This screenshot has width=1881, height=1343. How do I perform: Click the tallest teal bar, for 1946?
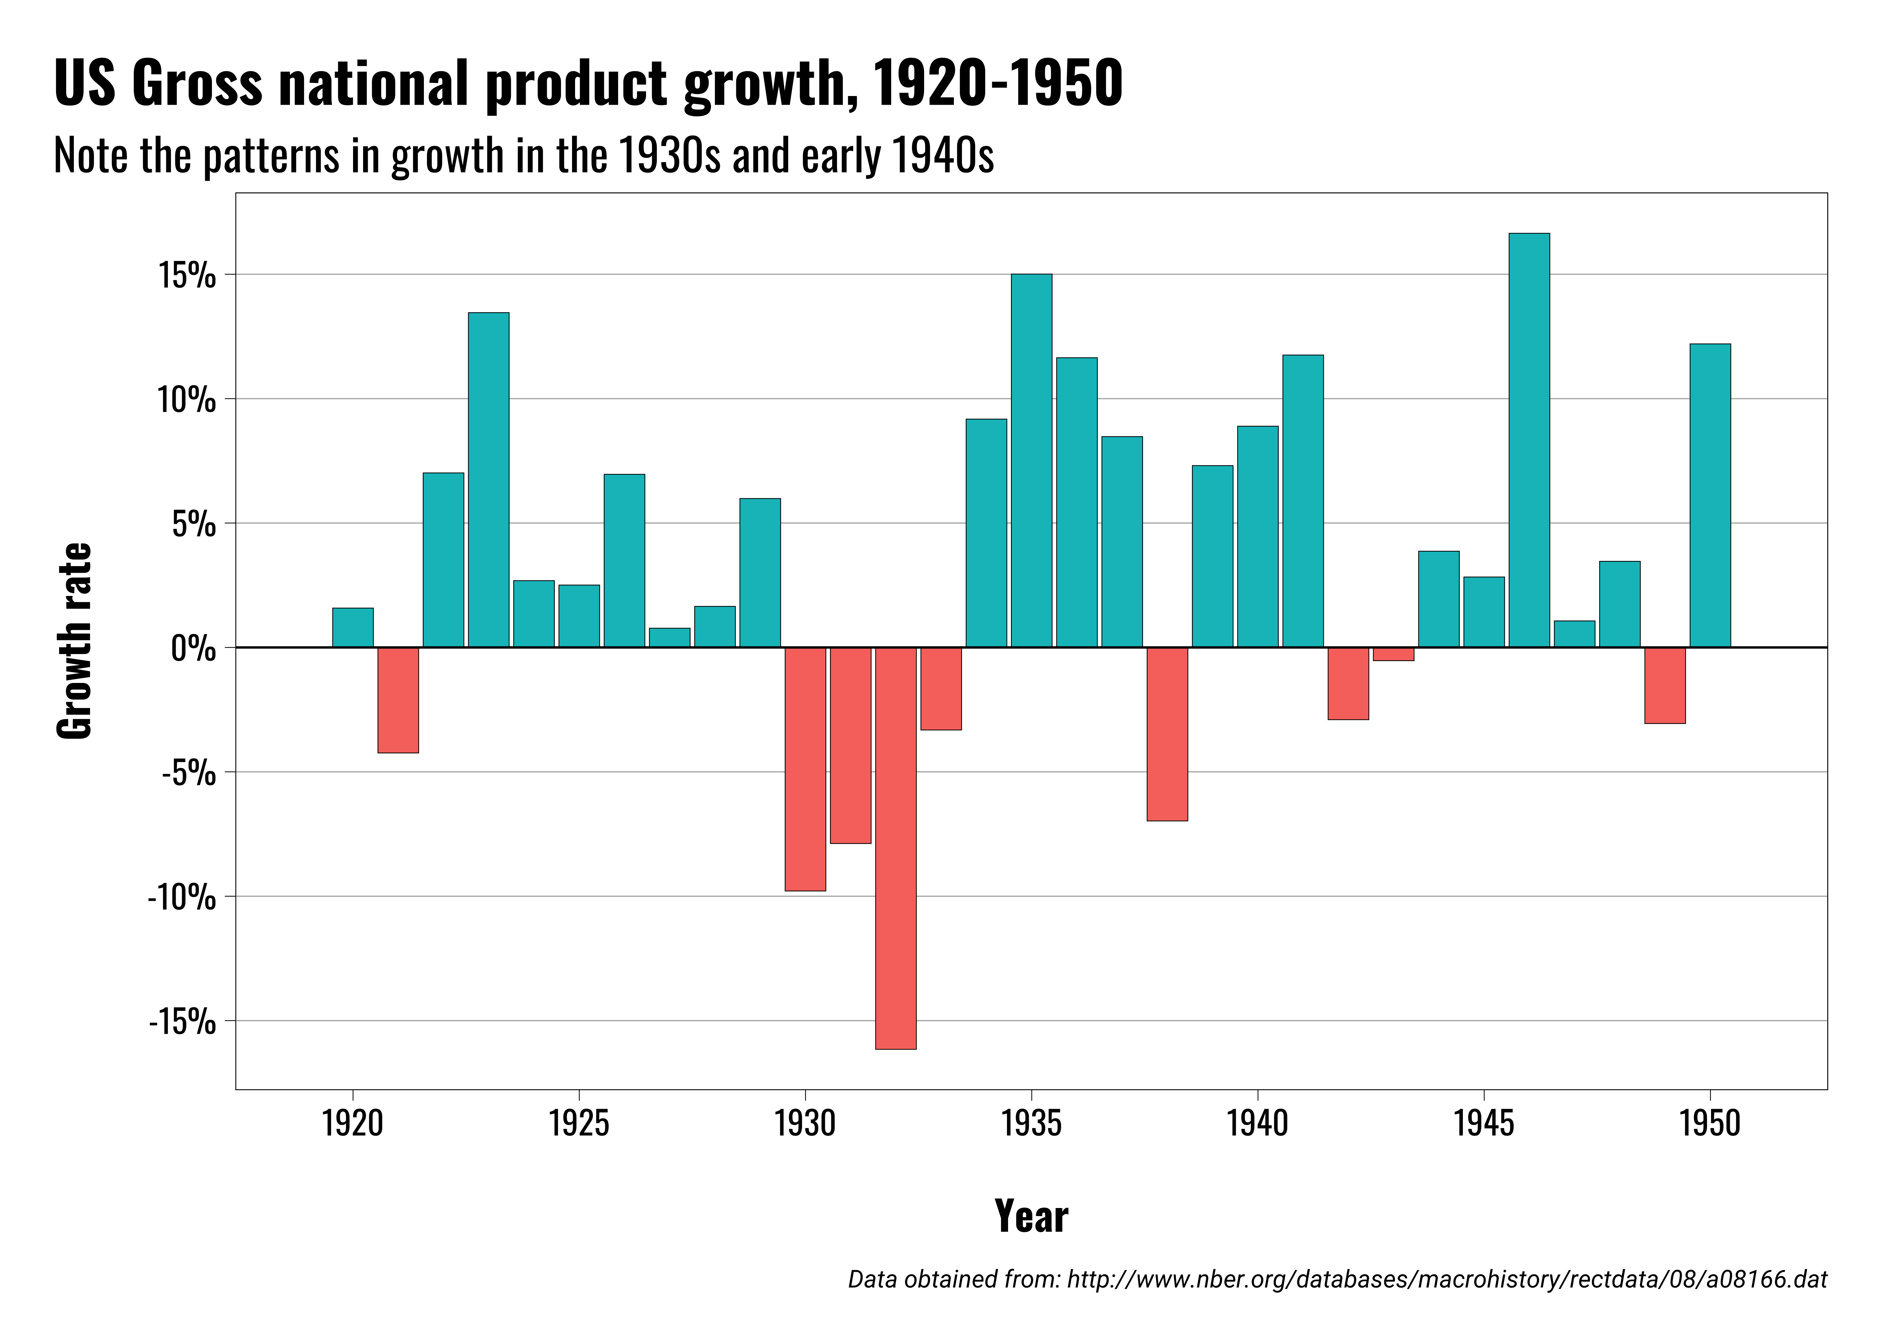pyautogui.click(x=1529, y=440)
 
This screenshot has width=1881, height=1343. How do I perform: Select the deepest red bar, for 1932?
pyautogui.click(x=896, y=848)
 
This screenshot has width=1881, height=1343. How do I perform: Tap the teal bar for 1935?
pyautogui.click(x=1032, y=460)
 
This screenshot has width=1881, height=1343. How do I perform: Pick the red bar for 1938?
pyautogui.click(x=1167, y=734)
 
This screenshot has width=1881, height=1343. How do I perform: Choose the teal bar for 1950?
pyautogui.click(x=1710, y=495)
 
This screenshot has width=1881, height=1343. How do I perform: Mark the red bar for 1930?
pyautogui.click(x=805, y=769)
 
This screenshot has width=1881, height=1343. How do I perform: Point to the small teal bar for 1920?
pyautogui.click(x=353, y=628)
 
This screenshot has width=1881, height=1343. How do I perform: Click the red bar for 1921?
pyautogui.click(x=398, y=700)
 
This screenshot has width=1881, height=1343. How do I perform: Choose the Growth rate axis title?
pyautogui.click(x=75, y=641)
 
